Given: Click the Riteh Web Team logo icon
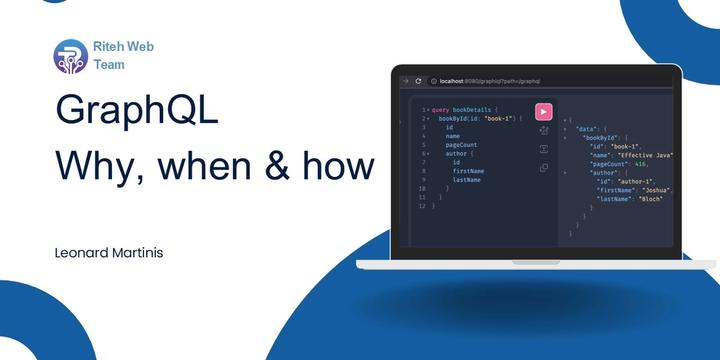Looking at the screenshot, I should point(70,56).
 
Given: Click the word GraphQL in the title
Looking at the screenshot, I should point(136,109).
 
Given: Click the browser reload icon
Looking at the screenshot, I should point(418,80).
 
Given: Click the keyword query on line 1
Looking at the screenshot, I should point(441,109).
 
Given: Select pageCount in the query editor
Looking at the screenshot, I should point(461,145).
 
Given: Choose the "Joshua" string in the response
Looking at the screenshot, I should point(657,189).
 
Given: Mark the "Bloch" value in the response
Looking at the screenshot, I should point(653,198).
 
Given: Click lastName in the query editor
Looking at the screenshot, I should point(466,180).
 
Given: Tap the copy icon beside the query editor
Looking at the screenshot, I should point(543,168).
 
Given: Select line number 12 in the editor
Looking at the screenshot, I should point(422,207).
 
